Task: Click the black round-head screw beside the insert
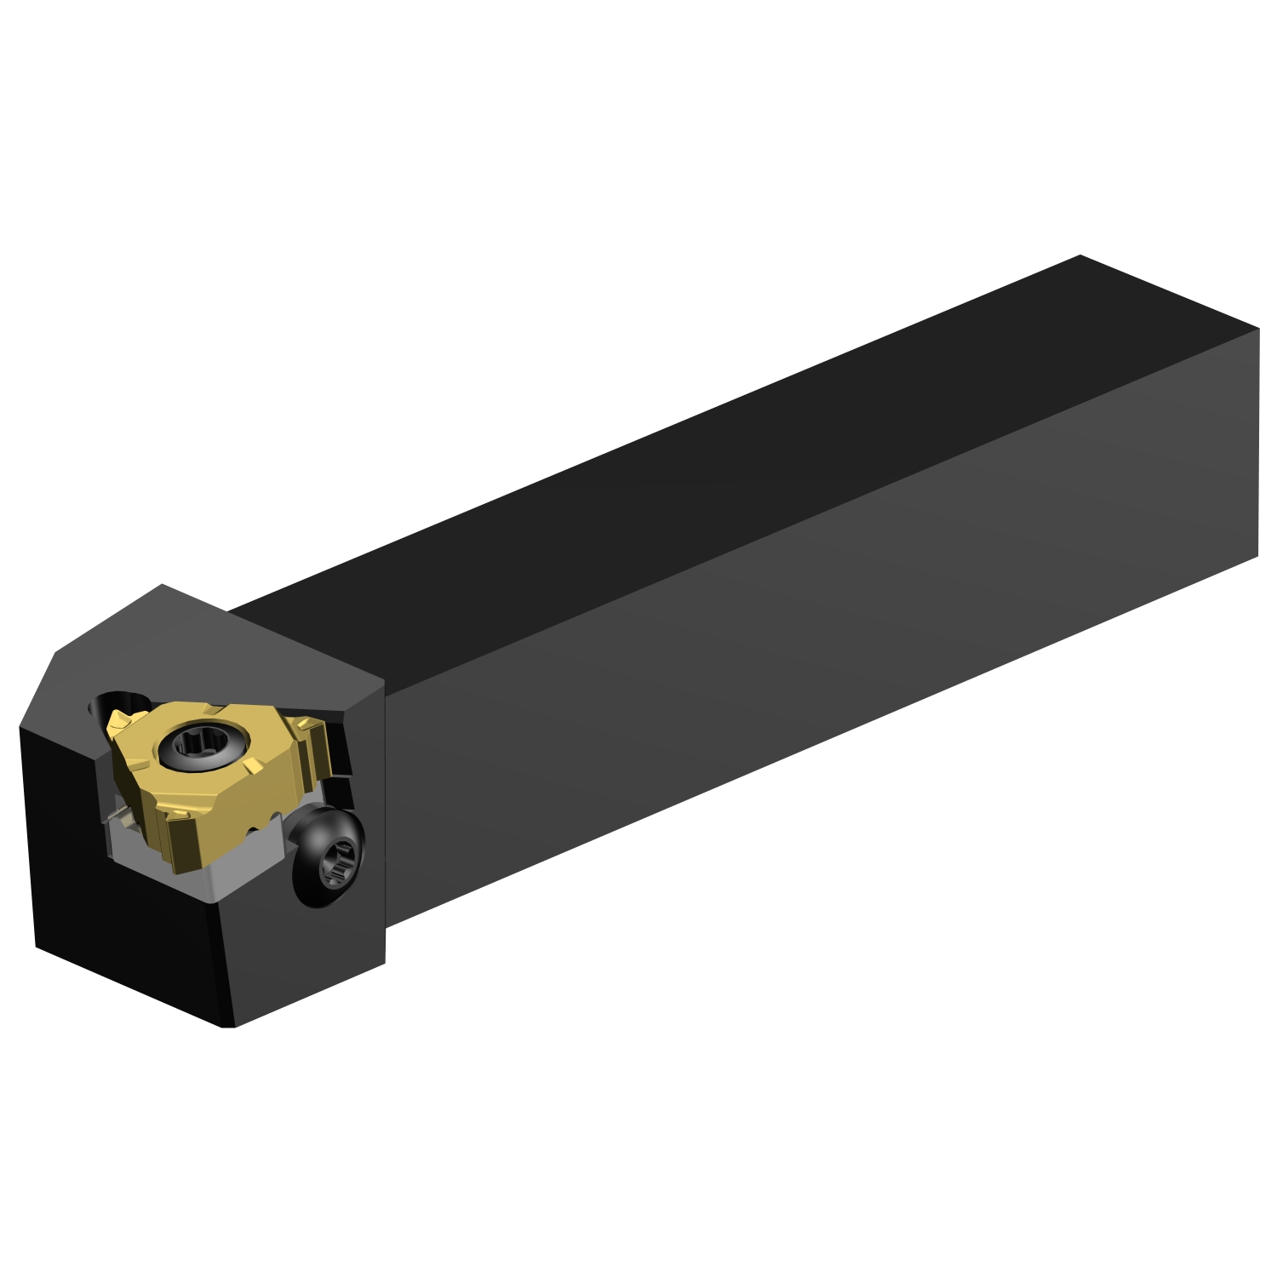click(328, 856)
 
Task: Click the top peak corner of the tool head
click(162, 585)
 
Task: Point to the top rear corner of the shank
click(1079, 255)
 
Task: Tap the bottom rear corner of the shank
click(1257, 557)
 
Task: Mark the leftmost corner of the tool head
click(20, 729)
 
